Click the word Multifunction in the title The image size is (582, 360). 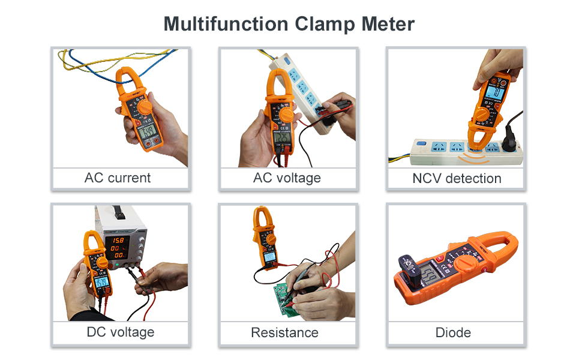226,25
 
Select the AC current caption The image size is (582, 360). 118,178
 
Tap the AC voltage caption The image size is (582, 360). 287,178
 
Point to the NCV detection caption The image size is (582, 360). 457,178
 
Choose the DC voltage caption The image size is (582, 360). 121,332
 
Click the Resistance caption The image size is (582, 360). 284,332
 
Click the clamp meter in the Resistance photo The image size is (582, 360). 264,237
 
